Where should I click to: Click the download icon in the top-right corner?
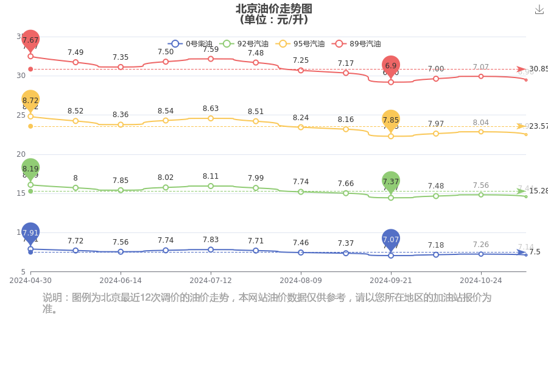click(x=539, y=10)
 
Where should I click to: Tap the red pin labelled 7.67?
click(x=30, y=40)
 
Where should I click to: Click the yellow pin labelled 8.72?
click(x=30, y=101)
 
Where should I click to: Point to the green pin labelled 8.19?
click(x=30, y=169)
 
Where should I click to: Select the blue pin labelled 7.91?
click(x=30, y=233)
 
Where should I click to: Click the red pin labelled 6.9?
click(x=391, y=66)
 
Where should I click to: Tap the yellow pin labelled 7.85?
click(x=391, y=120)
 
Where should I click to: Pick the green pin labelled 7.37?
click(x=391, y=182)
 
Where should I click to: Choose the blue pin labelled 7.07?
click(x=391, y=240)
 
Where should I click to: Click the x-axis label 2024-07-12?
click(x=211, y=281)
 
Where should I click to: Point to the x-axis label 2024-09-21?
click(x=391, y=281)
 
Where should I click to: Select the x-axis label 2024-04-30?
click(x=30, y=281)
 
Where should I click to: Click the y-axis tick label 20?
click(x=21, y=154)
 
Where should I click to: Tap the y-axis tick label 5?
click(x=23, y=272)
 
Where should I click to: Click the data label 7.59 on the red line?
click(x=211, y=49)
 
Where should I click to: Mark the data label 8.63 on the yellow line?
click(x=211, y=109)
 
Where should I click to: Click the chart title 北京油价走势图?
click(x=274, y=9)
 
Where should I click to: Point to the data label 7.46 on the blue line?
click(x=301, y=242)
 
